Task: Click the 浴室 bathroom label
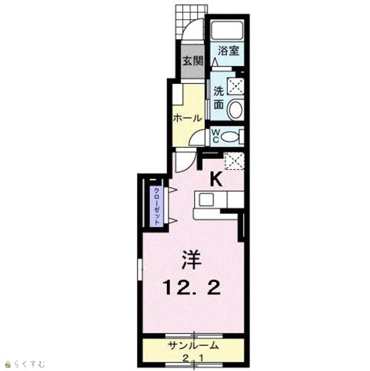[228, 51]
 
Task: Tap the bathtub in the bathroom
[227, 31]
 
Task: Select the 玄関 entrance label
[193, 61]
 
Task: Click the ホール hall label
[188, 118]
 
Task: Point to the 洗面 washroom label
[219, 98]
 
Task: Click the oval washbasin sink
[236, 110]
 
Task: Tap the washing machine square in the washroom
[235, 86]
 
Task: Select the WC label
[215, 136]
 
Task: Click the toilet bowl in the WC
[230, 137]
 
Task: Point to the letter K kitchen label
[217, 179]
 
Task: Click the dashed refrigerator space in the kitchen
[234, 161]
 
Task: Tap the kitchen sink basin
[206, 200]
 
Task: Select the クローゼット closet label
[156, 206]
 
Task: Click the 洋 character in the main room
[192, 260]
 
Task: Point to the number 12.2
[192, 288]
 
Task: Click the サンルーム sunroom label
[193, 345]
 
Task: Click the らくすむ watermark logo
[25, 363]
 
